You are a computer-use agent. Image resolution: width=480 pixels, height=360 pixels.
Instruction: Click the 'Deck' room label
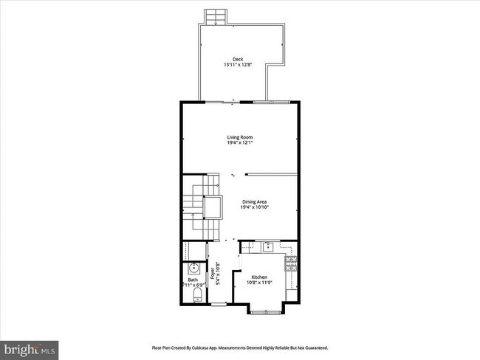(238, 59)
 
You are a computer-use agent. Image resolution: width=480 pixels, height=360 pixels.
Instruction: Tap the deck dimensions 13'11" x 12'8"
(238, 65)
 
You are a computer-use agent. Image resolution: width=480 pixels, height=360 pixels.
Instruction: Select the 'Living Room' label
(240, 136)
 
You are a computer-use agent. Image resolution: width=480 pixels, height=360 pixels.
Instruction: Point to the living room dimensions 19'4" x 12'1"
(240, 142)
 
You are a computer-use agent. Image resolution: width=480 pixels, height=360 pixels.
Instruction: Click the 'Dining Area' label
(254, 201)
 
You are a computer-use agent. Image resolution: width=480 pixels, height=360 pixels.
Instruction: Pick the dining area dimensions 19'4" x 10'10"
(254, 207)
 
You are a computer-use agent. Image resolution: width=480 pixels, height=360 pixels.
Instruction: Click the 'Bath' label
(193, 280)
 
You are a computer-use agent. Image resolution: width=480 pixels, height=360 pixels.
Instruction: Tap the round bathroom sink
(194, 268)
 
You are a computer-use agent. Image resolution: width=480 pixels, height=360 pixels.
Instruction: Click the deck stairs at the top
(215, 15)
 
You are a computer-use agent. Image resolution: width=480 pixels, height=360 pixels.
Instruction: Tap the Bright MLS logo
(30, 347)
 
